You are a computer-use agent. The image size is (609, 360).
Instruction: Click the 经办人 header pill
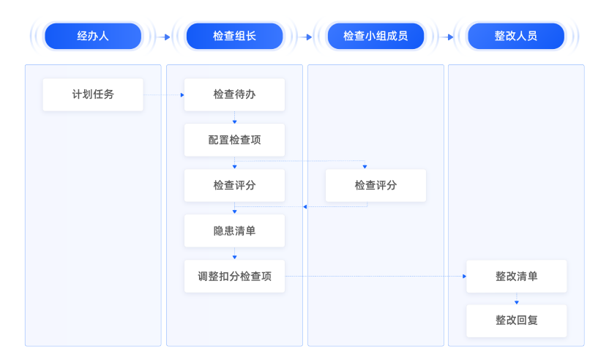point(93,36)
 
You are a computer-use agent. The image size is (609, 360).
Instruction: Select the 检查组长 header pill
point(234,36)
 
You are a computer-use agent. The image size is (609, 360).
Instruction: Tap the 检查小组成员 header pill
point(376,36)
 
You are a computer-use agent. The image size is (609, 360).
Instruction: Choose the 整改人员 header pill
point(516,36)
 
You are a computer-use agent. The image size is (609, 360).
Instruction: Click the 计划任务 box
point(93,95)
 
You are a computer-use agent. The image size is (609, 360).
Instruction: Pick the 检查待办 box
point(234,95)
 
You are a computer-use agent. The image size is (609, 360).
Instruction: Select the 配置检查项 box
point(234,140)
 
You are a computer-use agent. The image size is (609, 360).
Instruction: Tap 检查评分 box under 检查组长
point(234,186)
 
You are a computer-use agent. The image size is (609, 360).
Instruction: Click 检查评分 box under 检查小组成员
point(376,186)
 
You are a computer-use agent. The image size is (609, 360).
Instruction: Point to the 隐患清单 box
point(234,231)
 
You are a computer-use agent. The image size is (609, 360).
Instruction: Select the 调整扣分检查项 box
point(234,277)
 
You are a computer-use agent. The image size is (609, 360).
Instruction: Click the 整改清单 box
point(517,277)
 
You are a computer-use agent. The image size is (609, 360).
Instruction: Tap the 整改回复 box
point(517,321)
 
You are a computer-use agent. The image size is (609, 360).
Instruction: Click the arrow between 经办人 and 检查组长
point(163,37)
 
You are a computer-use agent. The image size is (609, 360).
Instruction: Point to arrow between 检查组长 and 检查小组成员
point(305,37)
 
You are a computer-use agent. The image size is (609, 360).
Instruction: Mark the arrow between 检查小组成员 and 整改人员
point(447,37)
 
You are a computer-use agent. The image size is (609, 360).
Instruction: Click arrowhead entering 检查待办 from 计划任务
point(182,95)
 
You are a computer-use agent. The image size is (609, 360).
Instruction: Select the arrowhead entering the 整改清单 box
point(464,277)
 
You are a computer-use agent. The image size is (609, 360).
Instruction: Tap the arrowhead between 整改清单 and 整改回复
point(517,302)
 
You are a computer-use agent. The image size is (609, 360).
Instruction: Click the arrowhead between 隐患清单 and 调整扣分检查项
point(234,257)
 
